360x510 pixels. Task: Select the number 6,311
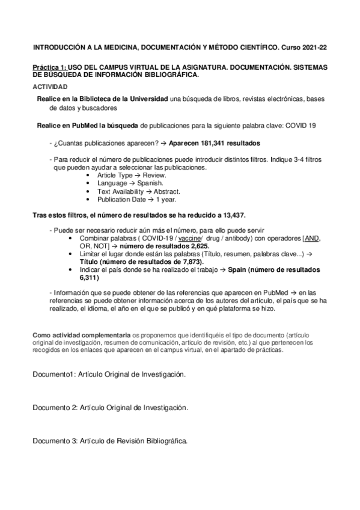coord(89,279)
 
